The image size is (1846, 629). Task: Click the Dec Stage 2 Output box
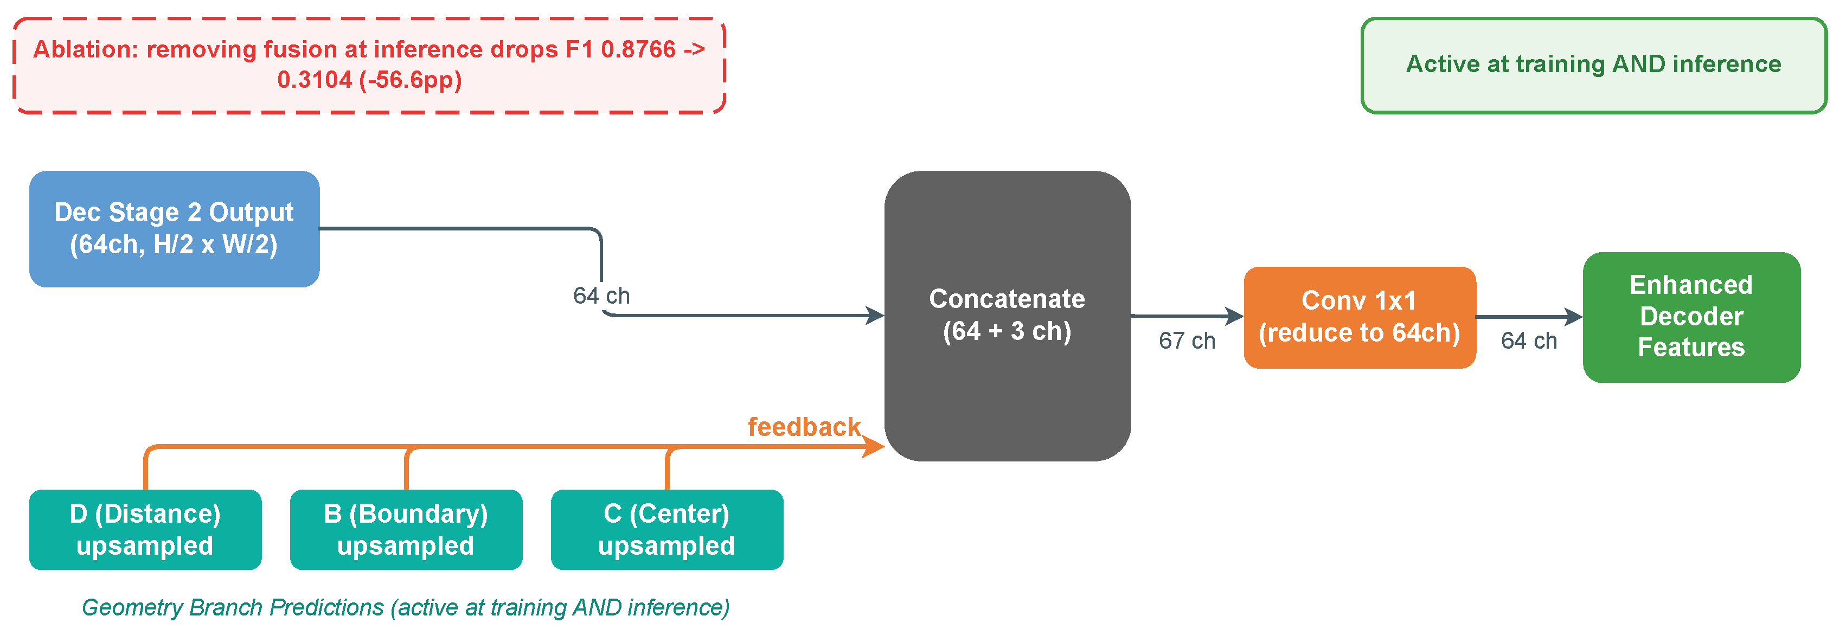[174, 228]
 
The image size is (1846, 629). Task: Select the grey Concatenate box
[1007, 315]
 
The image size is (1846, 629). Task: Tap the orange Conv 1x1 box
[1360, 317]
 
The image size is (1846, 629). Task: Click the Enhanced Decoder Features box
[1691, 317]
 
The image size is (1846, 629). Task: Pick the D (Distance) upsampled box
[145, 529]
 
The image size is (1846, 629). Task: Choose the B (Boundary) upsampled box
[406, 529]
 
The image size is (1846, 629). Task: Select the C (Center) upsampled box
[666, 529]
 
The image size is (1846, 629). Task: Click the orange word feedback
[803, 427]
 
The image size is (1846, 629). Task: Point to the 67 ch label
[1187, 341]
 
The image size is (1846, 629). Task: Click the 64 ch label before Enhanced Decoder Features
[1529, 341]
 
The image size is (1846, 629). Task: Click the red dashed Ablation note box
[369, 65]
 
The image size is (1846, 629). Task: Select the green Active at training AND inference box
[1593, 65]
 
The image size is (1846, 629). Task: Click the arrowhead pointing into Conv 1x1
[1235, 316]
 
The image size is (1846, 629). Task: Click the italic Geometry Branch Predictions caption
[406, 607]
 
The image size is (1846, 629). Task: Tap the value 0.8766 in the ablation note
[638, 49]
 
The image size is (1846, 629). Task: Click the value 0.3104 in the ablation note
[315, 80]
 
